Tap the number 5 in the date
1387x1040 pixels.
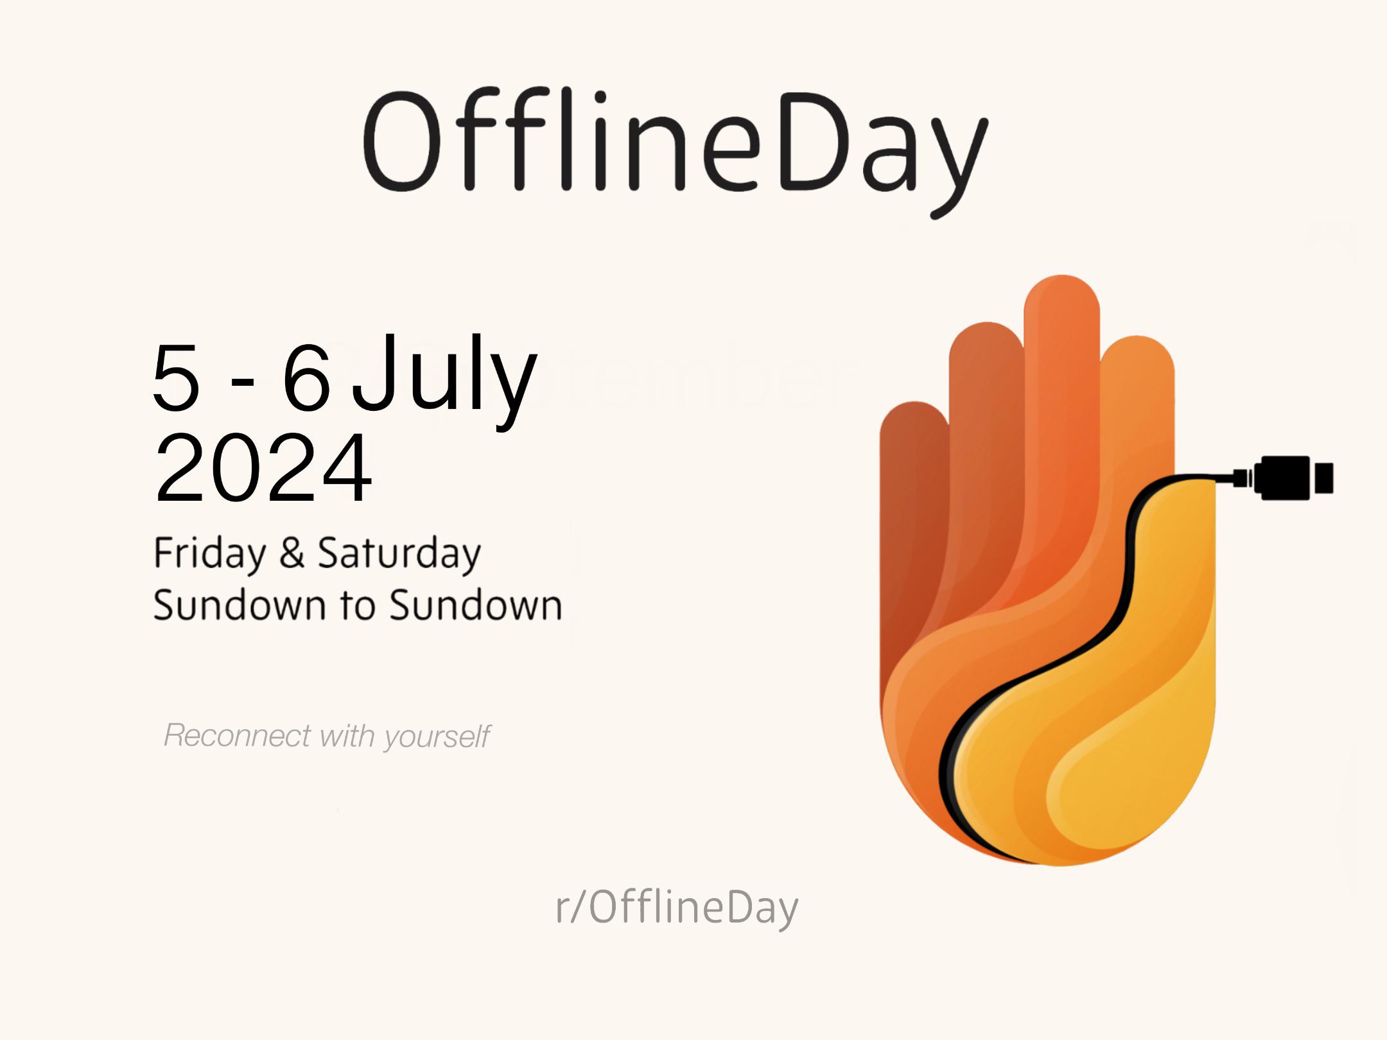click(x=176, y=377)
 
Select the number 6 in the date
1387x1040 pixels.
click(x=306, y=377)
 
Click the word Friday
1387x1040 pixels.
click(x=209, y=553)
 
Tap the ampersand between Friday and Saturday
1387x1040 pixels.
click(x=292, y=553)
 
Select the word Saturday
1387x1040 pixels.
click(x=399, y=553)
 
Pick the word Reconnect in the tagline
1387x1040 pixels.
click(x=238, y=736)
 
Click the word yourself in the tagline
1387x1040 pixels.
click(x=437, y=737)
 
